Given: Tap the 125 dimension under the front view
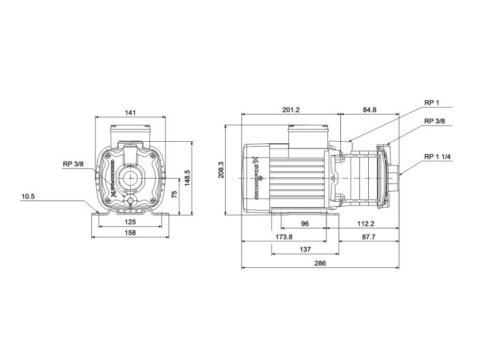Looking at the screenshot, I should [x=130, y=222].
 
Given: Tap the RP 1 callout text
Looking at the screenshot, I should [x=431, y=104].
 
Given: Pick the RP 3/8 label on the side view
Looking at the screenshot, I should [x=434, y=121].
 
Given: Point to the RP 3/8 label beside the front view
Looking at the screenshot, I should [x=73, y=164].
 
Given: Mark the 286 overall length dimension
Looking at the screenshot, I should [x=320, y=262].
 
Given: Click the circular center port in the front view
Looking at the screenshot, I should [x=130, y=179].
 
